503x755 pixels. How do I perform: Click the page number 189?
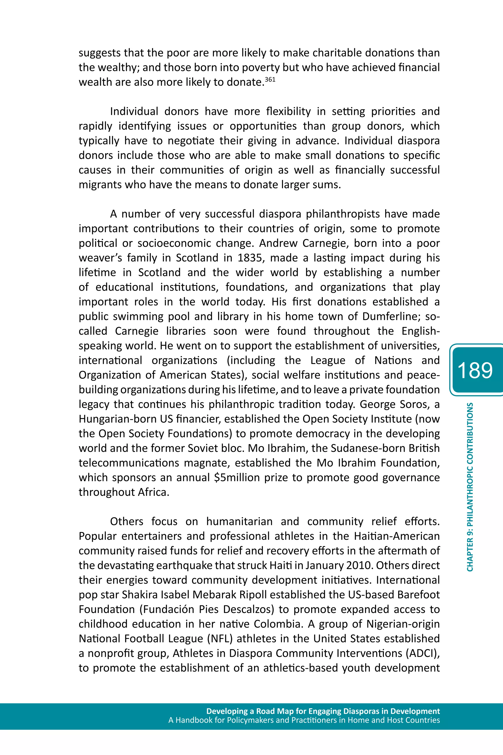pyautogui.click(x=475, y=370)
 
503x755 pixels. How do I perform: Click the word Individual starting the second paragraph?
pyautogui.click(x=134, y=111)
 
